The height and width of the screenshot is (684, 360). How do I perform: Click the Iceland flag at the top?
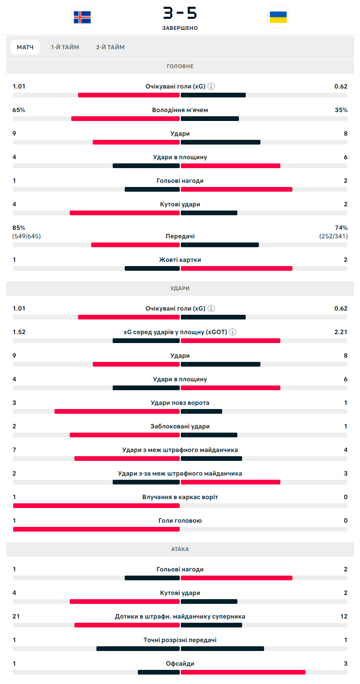tap(82, 17)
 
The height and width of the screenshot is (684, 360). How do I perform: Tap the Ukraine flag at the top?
tap(278, 17)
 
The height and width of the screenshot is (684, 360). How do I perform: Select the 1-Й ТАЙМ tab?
tap(65, 47)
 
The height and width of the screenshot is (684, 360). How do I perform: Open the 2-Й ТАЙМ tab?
tap(110, 47)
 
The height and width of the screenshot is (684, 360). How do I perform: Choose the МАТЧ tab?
tap(25, 47)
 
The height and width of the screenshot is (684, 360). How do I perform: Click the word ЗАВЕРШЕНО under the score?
tap(180, 28)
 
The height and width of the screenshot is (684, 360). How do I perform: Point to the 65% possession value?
tap(19, 110)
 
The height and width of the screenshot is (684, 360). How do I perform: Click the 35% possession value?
tap(341, 110)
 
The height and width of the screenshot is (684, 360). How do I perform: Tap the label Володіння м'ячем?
tap(180, 110)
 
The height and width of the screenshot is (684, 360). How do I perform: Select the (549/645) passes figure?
tap(27, 236)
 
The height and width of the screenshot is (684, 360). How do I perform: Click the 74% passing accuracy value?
tap(341, 228)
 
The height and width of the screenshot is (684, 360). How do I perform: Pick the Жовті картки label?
tap(180, 260)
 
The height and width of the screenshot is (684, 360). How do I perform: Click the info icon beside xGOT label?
tap(233, 332)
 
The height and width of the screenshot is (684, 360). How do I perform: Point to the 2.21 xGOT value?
tap(341, 332)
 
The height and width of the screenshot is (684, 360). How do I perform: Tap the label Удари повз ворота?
tap(180, 403)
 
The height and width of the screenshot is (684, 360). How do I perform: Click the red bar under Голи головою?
tap(96, 529)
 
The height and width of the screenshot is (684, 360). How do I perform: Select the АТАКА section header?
tap(180, 549)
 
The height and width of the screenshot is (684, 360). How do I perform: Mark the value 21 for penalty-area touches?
tap(16, 616)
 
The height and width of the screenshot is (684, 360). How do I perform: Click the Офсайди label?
tap(180, 664)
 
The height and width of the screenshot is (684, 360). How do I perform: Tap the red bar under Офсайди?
tap(243, 672)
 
